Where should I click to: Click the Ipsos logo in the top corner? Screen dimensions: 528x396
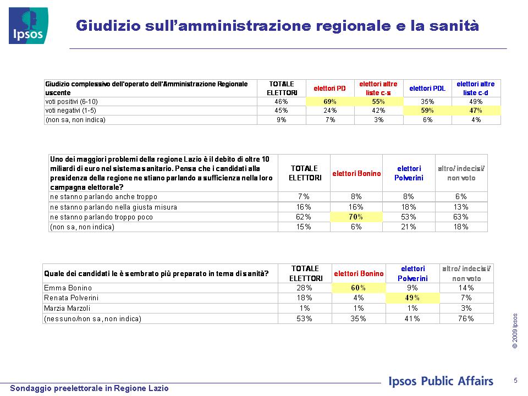click(x=29, y=26)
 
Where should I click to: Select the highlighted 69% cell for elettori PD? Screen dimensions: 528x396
click(x=330, y=101)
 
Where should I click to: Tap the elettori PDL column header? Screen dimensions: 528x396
click(x=427, y=88)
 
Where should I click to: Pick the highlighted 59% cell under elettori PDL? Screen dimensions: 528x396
click(x=427, y=111)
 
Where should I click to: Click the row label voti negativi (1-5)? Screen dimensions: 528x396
click(x=71, y=111)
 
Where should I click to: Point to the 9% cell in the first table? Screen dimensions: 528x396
click(x=281, y=119)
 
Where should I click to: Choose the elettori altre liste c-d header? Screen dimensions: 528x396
click(x=475, y=88)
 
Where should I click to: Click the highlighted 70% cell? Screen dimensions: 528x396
click(x=356, y=217)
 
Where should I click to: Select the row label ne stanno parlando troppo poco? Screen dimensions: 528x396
click(x=101, y=217)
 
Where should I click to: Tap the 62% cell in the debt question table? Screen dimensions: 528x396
click(x=304, y=217)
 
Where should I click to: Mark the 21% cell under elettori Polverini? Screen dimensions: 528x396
click(x=409, y=227)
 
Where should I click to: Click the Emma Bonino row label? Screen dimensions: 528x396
click(x=68, y=288)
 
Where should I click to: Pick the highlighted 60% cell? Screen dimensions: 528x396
click(x=359, y=288)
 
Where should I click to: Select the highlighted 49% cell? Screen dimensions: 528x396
click(x=413, y=298)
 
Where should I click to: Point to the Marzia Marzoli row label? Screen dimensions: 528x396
click(x=67, y=308)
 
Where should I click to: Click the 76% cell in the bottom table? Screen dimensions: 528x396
click(x=466, y=318)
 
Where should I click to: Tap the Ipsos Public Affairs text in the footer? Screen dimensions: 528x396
click(x=441, y=381)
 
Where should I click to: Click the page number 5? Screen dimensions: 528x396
click(x=515, y=381)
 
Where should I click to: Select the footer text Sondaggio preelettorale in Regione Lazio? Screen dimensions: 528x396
click(x=89, y=388)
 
